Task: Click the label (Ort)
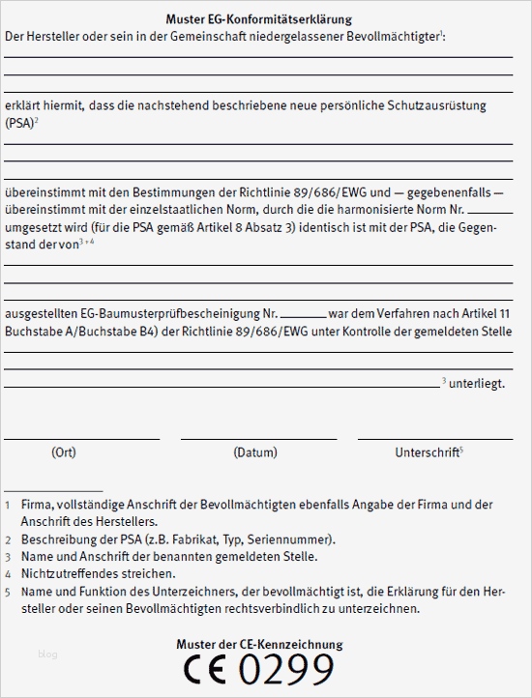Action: [63, 452]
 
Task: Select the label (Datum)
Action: [255, 452]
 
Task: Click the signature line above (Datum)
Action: [258, 439]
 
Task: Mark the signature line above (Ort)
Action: [82, 439]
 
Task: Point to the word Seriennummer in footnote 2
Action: [295, 539]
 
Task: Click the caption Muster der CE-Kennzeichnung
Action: [259, 644]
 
